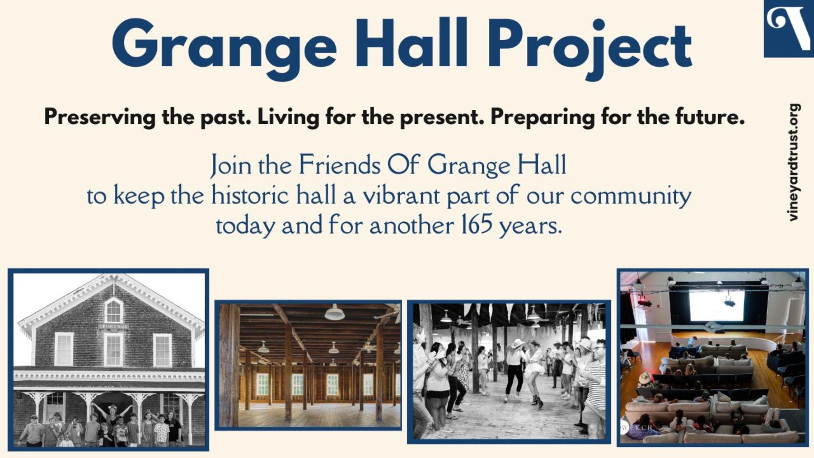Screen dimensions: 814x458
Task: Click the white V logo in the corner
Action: [789, 28]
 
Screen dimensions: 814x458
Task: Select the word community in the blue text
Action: [631, 196]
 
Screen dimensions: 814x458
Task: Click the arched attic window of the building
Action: [113, 310]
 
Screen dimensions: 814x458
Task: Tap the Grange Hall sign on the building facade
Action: [113, 327]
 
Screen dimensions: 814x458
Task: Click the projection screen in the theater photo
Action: [716, 305]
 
